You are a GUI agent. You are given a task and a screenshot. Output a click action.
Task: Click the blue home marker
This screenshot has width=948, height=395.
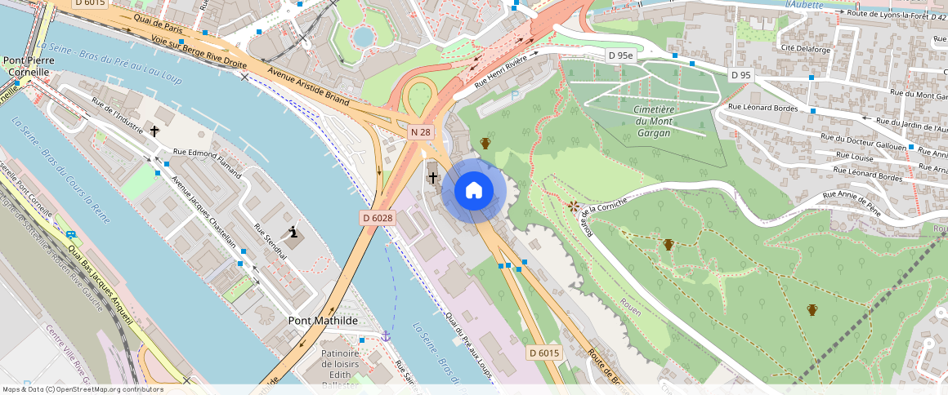pos(474,191)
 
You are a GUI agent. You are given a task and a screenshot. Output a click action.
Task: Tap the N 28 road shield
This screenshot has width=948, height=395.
pos(420,132)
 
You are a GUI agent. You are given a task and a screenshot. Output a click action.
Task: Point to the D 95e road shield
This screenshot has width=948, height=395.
pos(620,55)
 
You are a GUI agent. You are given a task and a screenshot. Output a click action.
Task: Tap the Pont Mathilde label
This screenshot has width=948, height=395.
pos(323,321)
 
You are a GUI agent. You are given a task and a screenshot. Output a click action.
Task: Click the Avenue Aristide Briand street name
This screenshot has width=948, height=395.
pos(309,88)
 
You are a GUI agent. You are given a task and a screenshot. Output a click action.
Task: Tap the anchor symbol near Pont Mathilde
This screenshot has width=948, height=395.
pos(386,335)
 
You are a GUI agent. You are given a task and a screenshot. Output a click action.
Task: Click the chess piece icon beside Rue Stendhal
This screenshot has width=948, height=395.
pos(293,233)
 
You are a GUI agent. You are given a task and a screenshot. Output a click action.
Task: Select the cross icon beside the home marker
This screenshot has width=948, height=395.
pos(432,177)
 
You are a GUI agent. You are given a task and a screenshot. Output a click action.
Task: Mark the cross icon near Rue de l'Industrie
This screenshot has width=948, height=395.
pos(154,130)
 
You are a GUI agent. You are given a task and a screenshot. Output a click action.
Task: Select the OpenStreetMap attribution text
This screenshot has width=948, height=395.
pos(83,389)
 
